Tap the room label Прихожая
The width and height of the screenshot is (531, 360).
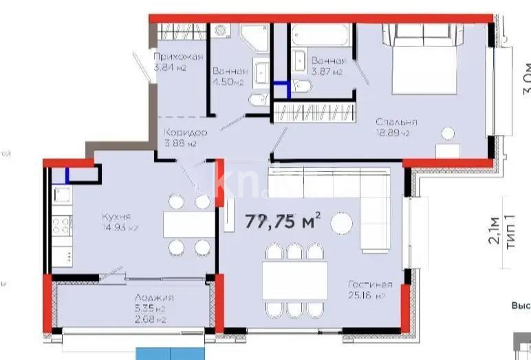(x=178, y=57)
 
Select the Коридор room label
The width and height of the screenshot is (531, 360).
(x=185, y=131)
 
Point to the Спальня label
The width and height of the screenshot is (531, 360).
(x=395, y=122)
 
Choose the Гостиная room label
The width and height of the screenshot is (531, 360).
(x=370, y=284)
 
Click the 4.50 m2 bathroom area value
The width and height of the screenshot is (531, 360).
(x=228, y=83)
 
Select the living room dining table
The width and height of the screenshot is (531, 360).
(x=294, y=280)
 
